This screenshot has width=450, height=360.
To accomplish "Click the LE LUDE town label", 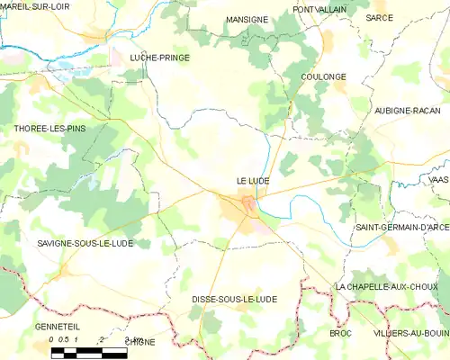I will click(x=252, y=181).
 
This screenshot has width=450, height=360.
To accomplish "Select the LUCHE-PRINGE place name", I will click(x=159, y=57).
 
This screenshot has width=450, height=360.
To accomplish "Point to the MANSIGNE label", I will click(x=247, y=19).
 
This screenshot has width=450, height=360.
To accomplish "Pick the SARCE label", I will click(x=379, y=17).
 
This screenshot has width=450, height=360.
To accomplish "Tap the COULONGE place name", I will click(x=323, y=77).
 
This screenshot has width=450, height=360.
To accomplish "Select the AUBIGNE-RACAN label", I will click(x=407, y=110).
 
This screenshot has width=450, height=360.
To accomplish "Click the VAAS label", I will click(x=439, y=180).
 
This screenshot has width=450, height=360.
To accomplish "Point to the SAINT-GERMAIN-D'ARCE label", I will click(x=401, y=228).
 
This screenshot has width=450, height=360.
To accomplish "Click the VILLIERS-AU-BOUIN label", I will click(x=411, y=333).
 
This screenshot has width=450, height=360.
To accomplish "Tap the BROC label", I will click(x=340, y=333).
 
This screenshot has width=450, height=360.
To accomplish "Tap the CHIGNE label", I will click(x=139, y=343).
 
